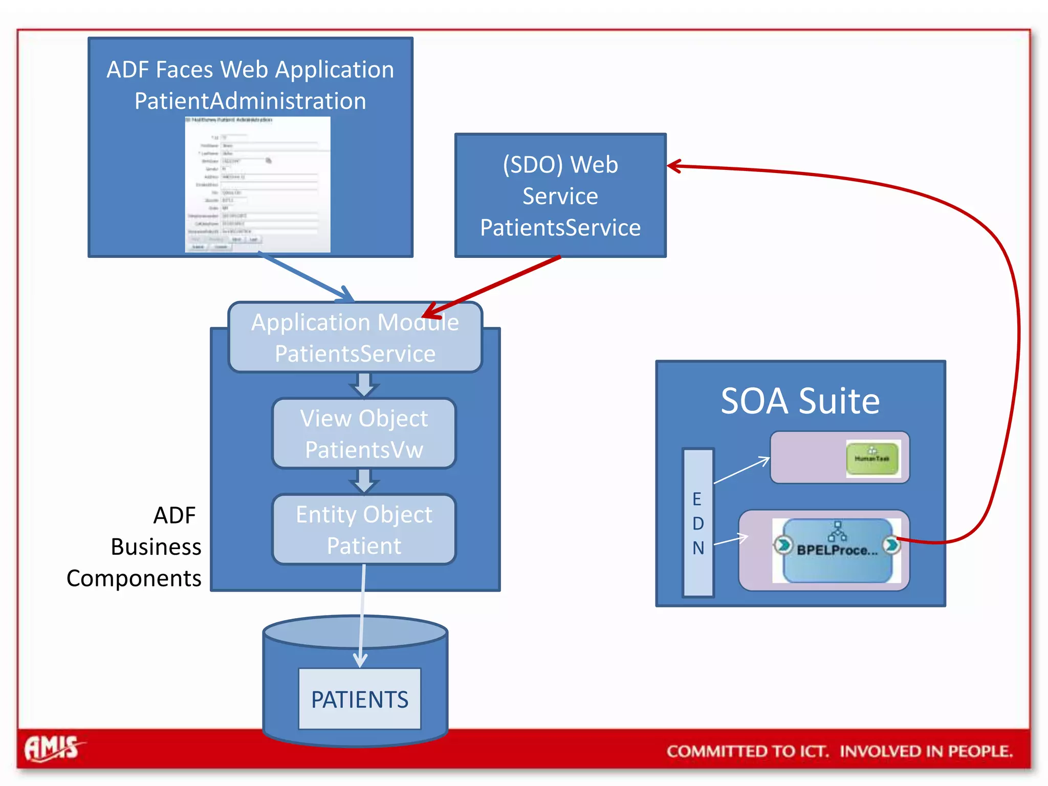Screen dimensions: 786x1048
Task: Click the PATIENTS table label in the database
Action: pyautogui.click(x=360, y=699)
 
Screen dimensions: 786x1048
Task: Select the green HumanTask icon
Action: pyautogui.click(x=872, y=458)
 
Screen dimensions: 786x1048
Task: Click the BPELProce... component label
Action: pyautogui.click(x=837, y=551)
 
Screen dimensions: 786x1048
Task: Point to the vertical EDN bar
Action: pyautogui.click(x=698, y=522)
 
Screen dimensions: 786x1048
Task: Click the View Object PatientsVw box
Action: pyautogui.click(x=364, y=433)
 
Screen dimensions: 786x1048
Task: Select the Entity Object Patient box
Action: pyautogui.click(x=364, y=529)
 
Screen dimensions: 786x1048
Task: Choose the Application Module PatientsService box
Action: pyautogui.click(x=355, y=338)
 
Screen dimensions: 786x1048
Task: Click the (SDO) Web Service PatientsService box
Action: pyautogui.click(x=560, y=196)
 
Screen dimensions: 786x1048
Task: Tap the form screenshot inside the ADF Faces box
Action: pyautogui.click(x=257, y=185)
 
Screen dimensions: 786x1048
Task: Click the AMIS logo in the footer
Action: pyautogui.click(x=53, y=748)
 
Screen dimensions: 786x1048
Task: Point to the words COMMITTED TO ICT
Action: pyautogui.click(x=747, y=751)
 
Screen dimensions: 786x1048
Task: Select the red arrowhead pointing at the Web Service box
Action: pyautogui.click(x=674, y=166)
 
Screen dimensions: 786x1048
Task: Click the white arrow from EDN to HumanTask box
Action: pyautogui.click(x=742, y=470)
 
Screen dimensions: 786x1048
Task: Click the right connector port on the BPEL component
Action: pyautogui.click(x=891, y=544)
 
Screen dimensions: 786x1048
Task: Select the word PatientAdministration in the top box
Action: pyautogui.click(x=250, y=101)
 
